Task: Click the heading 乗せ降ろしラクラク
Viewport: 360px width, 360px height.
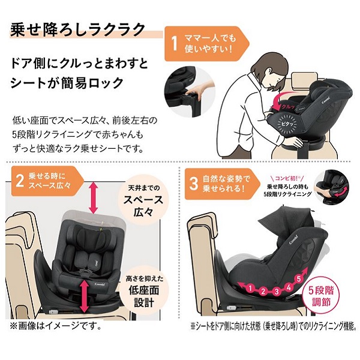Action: coord(77,29)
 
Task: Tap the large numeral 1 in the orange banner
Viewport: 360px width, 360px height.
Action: coord(175,44)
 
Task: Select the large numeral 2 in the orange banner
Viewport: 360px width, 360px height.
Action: coord(20,181)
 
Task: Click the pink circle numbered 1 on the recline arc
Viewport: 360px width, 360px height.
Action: coord(250,289)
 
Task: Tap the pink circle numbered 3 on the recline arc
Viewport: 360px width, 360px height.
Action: coord(277,291)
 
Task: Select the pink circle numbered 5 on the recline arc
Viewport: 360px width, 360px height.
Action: coord(298,279)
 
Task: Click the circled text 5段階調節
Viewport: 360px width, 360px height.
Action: coord(321,296)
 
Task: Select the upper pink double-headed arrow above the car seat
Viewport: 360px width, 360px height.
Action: coord(94,197)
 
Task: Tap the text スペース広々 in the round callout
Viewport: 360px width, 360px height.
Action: coord(143,206)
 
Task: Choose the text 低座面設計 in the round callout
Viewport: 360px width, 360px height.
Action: coord(144,296)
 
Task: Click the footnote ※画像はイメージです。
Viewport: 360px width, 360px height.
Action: coord(56,326)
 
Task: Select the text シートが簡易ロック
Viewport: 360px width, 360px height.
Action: coord(67,83)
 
